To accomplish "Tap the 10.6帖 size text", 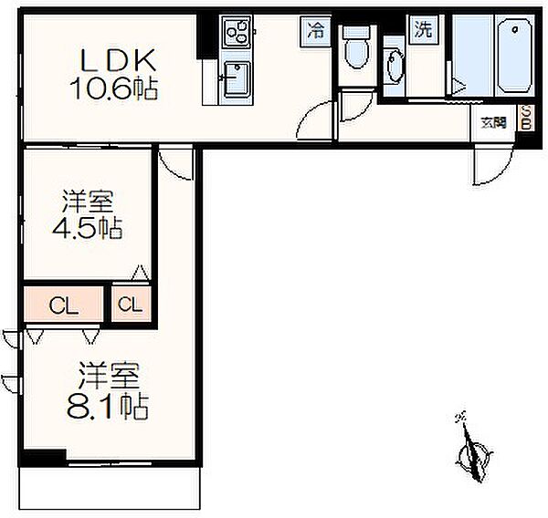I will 115,88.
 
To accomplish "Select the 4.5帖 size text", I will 87,228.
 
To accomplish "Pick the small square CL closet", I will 131,306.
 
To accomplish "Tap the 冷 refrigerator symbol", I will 316,29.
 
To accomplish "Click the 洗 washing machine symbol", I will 422,28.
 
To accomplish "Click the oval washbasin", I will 395,67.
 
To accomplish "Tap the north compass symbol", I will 472,451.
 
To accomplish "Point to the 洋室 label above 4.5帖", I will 87,200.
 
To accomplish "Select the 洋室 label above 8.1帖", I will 108,374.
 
